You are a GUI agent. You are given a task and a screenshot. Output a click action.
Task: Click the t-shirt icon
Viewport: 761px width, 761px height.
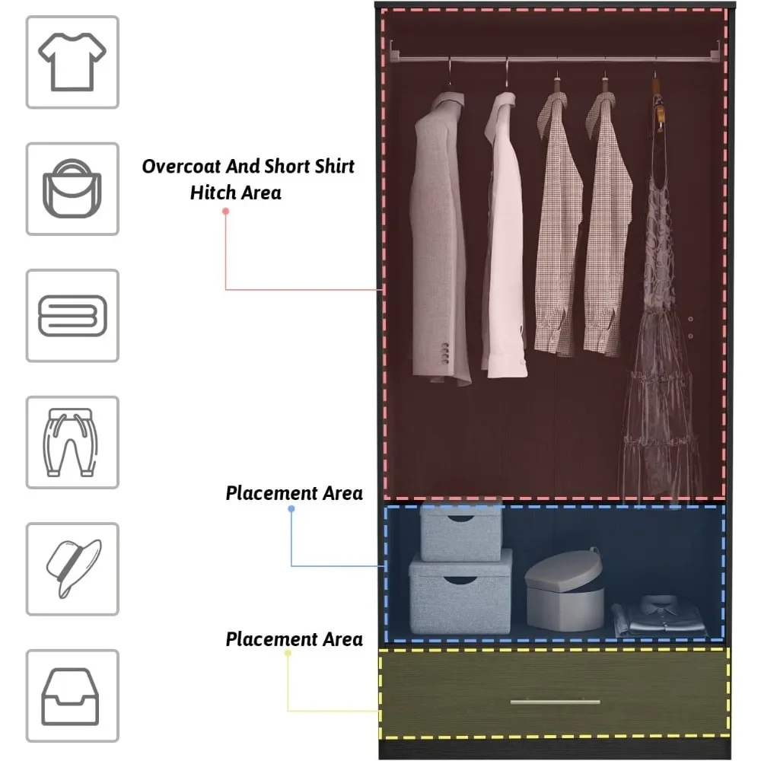click(x=72, y=62)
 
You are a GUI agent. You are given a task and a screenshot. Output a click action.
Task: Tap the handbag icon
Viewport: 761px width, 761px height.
click(x=72, y=188)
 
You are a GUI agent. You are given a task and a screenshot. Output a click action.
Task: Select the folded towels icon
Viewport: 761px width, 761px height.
click(x=72, y=315)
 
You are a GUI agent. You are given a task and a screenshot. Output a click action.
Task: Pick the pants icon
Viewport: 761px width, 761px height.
click(x=72, y=442)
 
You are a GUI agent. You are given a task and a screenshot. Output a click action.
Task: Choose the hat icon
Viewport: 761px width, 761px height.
click(x=72, y=568)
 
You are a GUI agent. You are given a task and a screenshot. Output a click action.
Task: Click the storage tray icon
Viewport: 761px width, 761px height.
click(x=72, y=696)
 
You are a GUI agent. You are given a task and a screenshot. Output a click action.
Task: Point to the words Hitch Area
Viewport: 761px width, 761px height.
click(x=235, y=193)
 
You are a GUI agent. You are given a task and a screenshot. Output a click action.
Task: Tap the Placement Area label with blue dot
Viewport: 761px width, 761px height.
click(x=294, y=493)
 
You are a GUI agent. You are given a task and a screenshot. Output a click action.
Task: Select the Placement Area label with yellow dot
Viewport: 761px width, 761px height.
click(x=294, y=639)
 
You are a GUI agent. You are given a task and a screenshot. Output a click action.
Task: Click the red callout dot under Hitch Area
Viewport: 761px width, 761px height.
click(x=225, y=210)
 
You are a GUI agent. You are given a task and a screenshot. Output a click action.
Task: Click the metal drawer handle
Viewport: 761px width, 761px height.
click(x=555, y=702)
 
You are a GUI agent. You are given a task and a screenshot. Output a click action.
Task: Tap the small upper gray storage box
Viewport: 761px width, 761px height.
click(x=460, y=532)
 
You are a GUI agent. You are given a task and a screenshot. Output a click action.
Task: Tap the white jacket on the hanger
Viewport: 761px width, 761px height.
click(x=503, y=236)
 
